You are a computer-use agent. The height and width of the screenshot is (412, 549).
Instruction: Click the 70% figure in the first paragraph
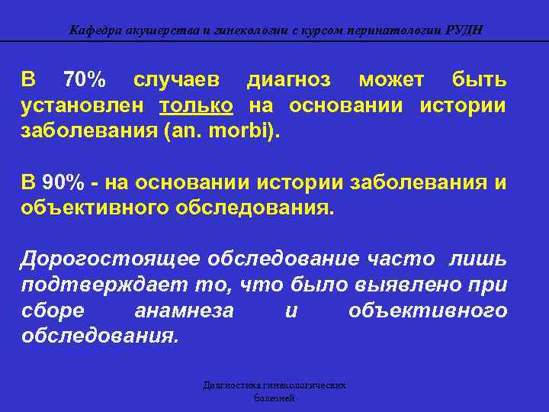pyautogui.click(x=85, y=79)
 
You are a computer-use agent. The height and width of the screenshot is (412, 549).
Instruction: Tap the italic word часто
pyautogui.click(x=412, y=259)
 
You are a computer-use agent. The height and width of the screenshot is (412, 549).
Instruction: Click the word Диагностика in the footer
pyautogui.click(x=230, y=385)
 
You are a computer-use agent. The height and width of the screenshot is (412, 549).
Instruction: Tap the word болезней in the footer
pyautogui.click(x=274, y=398)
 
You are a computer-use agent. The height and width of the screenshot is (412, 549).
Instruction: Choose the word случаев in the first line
pyautogui.click(x=176, y=79)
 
